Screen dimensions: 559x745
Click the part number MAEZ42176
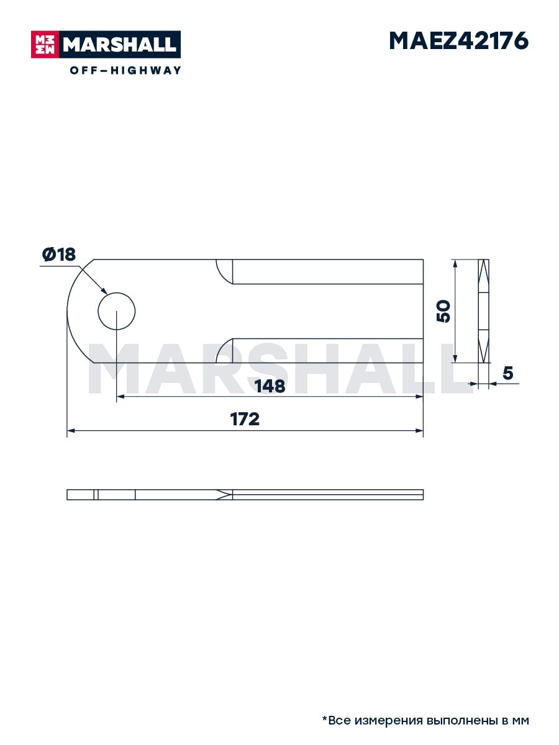[x=458, y=41]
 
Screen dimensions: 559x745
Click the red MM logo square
[x=45, y=45]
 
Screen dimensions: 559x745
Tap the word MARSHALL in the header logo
[x=120, y=45]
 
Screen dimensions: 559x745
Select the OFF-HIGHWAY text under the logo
[x=125, y=70]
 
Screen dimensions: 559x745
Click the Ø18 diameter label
[x=59, y=255]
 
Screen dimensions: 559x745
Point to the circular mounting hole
[x=116, y=311]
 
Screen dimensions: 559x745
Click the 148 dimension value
[x=270, y=386]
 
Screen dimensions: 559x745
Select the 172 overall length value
[x=245, y=419]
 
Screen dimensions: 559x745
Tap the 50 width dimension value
[x=443, y=311]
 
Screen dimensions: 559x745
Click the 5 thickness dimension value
[x=507, y=373]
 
